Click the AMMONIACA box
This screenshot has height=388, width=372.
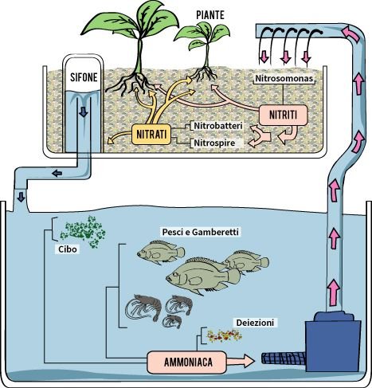pos(186,362)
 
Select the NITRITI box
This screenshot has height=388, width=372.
pos(283,115)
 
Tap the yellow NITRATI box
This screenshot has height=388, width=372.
pos(151,134)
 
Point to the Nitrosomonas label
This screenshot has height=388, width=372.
pos(284,79)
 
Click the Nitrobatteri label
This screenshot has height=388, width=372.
pos(218,126)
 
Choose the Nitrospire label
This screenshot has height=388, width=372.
pos(214,143)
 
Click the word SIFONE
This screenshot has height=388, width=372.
pos(84,77)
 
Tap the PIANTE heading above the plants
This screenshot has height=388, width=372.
pos(210,15)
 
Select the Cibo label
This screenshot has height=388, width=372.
pos(68,249)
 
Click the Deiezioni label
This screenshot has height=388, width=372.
pos(255,323)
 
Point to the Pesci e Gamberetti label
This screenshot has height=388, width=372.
pos(201,232)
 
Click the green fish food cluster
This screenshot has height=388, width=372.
pos(83,232)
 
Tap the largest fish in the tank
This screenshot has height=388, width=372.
pos(202,276)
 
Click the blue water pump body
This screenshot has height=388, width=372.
pos(333,342)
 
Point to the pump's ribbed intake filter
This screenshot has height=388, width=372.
pos(284,359)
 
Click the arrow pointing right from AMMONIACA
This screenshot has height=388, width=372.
pos(241,361)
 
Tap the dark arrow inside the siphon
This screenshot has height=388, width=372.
pos(84,112)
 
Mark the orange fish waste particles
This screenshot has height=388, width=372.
pos(225,335)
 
